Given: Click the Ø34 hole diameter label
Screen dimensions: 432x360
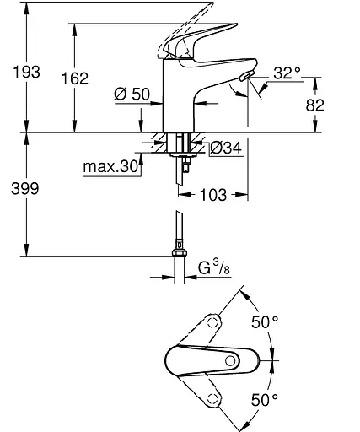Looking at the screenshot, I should click(x=224, y=148).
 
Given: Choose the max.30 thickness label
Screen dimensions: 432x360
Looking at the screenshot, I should click(x=110, y=166).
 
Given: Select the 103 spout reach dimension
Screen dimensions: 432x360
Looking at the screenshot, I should click(x=217, y=195).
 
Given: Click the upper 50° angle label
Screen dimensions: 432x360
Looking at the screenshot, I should click(x=267, y=321).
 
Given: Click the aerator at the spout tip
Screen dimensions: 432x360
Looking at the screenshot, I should click(x=244, y=79).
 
